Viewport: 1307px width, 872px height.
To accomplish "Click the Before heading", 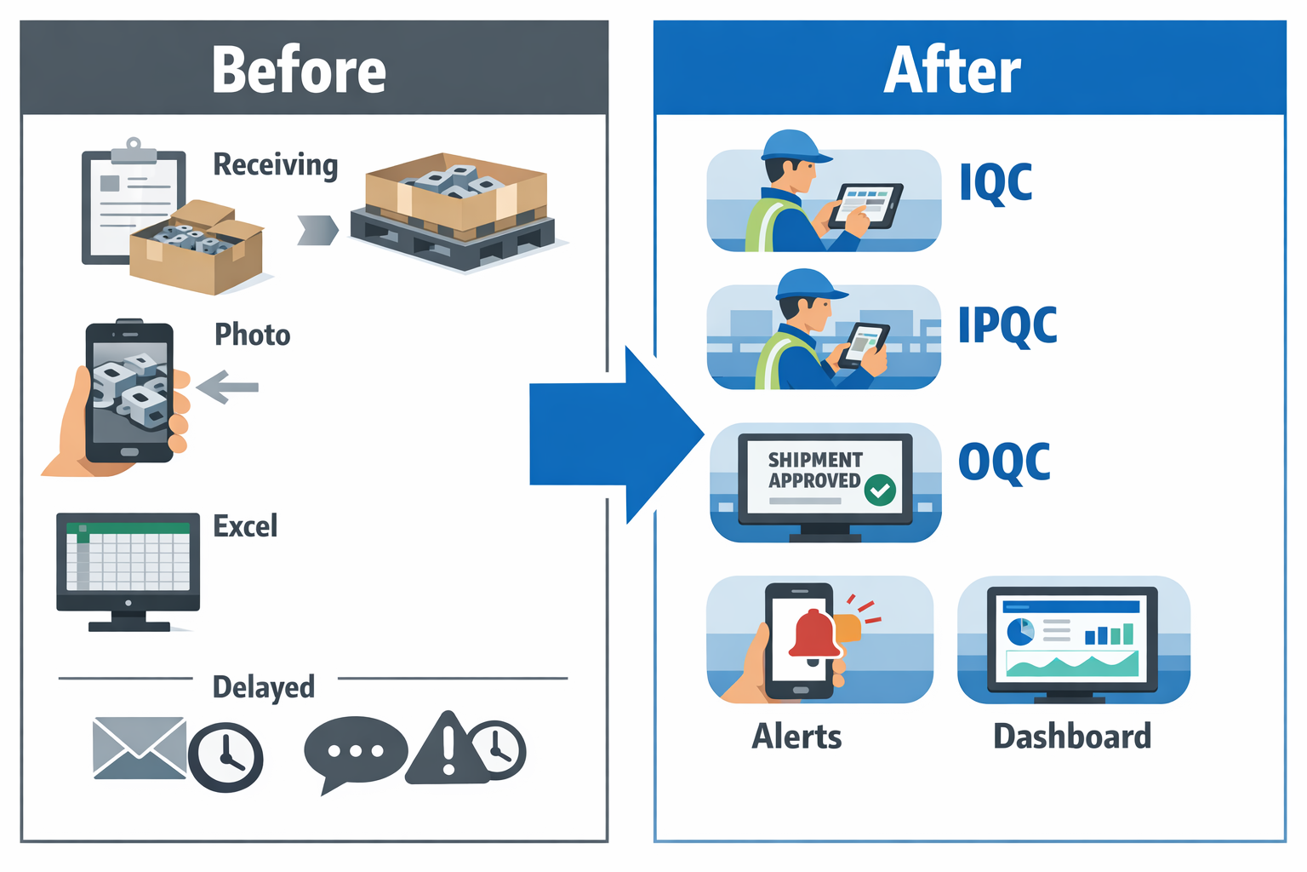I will click(x=299, y=71).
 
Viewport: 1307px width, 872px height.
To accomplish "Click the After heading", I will click(x=951, y=71).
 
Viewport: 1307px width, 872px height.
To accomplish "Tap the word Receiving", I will click(x=275, y=164).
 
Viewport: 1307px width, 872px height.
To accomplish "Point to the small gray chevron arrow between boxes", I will click(x=317, y=230).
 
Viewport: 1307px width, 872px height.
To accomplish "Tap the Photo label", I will click(x=252, y=335).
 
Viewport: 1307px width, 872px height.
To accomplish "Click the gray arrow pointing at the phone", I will click(x=227, y=387).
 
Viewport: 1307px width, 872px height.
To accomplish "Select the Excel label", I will click(x=245, y=526).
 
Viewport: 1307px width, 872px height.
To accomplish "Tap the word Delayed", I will click(x=263, y=686).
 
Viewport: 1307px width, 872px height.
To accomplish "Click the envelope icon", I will click(x=139, y=748).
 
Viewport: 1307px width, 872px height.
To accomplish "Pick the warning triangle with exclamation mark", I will click(x=446, y=749).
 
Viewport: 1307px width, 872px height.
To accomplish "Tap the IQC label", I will click(x=995, y=182).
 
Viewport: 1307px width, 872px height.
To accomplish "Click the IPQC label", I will click(x=1007, y=325).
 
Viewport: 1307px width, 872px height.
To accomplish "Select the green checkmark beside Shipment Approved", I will click(x=880, y=490).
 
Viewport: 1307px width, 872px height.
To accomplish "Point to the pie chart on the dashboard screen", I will click(x=1020, y=631).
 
